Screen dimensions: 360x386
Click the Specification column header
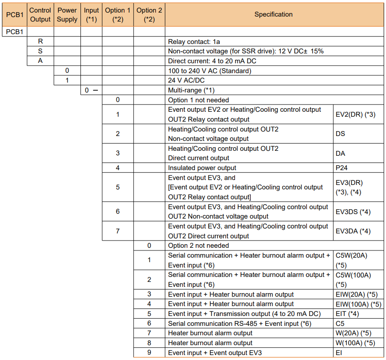(x=273, y=14)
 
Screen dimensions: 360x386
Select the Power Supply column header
(x=67, y=14)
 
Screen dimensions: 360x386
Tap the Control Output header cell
(x=40, y=14)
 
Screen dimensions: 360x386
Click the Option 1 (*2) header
(x=118, y=14)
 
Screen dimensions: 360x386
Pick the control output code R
(x=40, y=41)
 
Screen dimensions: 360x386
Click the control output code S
(x=40, y=51)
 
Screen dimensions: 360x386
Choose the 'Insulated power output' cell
(x=202, y=168)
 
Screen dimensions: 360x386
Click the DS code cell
(x=340, y=134)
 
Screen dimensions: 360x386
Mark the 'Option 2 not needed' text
(x=198, y=246)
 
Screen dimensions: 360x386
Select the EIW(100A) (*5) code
(x=358, y=304)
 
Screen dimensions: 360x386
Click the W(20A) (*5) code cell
(x=354, y=333)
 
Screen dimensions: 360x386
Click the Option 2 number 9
(x=149, y=353)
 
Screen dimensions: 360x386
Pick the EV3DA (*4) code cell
(x=353, y=231)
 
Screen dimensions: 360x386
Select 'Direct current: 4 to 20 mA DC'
(x=212, y=61)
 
